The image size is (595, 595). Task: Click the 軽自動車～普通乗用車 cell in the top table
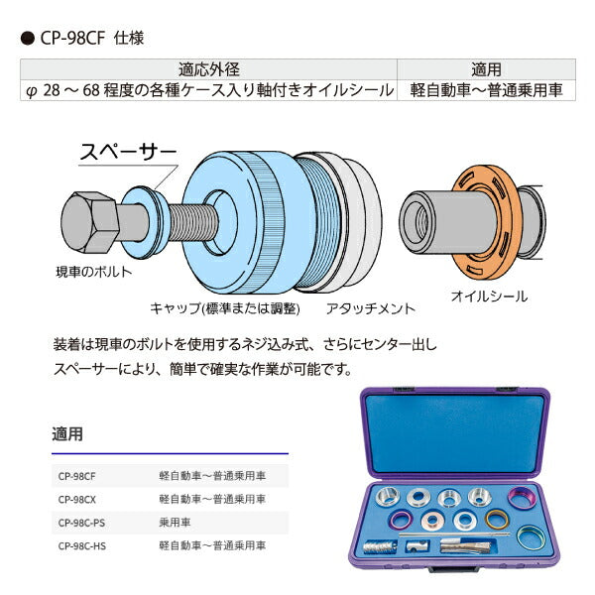click(486, 89)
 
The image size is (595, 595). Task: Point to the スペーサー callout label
click(128, 152)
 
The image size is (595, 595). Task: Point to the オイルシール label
click(489, 296)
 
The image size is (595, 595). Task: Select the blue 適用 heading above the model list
click(67, 434)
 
